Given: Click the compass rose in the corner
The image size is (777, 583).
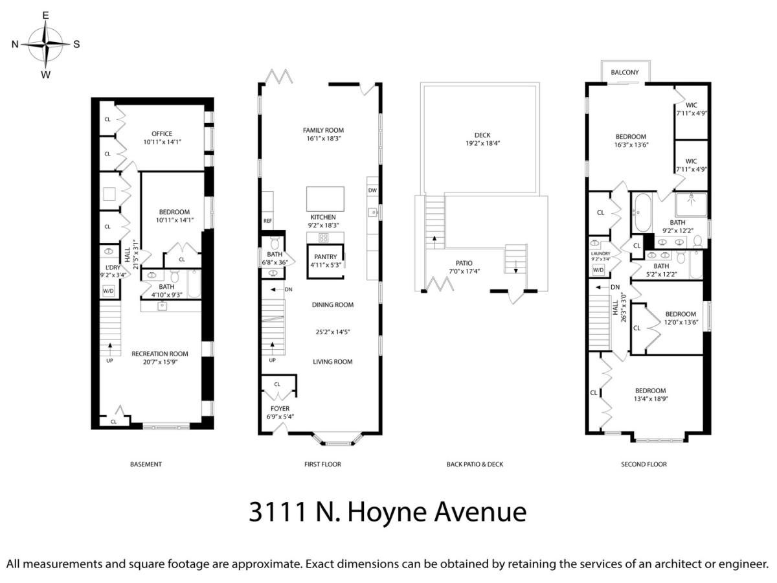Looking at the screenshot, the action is tap(46, 44).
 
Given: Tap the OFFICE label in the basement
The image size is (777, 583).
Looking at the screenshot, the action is tap(162, 134).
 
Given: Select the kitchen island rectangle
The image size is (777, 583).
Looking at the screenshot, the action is tap(325, 199).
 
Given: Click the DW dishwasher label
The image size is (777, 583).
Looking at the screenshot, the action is tap(372, 190).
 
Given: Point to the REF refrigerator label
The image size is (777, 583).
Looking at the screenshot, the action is tap(267, 221).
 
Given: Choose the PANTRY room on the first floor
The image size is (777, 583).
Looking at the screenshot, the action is tap(325, 261).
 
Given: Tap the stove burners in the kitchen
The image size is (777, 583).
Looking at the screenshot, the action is tap(324, 238).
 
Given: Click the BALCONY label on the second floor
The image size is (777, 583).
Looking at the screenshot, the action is tap(625, 72).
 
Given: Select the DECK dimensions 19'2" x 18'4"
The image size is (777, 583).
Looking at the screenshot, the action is tap(483, 143).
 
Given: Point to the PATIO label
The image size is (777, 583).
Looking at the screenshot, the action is tap(464, 263).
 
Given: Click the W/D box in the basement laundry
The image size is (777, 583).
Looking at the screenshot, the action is tap(108, 291).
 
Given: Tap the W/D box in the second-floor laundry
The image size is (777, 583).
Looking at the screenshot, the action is tap(598, 270).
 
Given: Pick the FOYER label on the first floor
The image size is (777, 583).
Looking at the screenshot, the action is tap(280, 409).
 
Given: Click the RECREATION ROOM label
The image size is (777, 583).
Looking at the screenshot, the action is tap(160, 354).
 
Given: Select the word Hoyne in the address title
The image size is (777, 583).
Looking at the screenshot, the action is tap(388, 512).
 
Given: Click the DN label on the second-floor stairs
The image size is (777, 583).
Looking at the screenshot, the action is tap(615, 287).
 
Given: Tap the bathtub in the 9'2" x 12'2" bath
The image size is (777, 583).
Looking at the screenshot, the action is tap(643, 212).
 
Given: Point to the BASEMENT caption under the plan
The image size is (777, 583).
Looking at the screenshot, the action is tap(146, 464).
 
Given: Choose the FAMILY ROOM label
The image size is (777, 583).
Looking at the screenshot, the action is tap(323, 130).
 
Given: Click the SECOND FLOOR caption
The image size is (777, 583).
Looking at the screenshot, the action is tap(644, 464).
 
